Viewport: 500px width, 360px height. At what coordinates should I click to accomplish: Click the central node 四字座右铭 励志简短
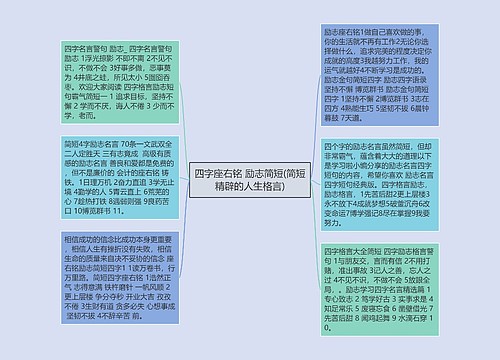coord(249,180)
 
